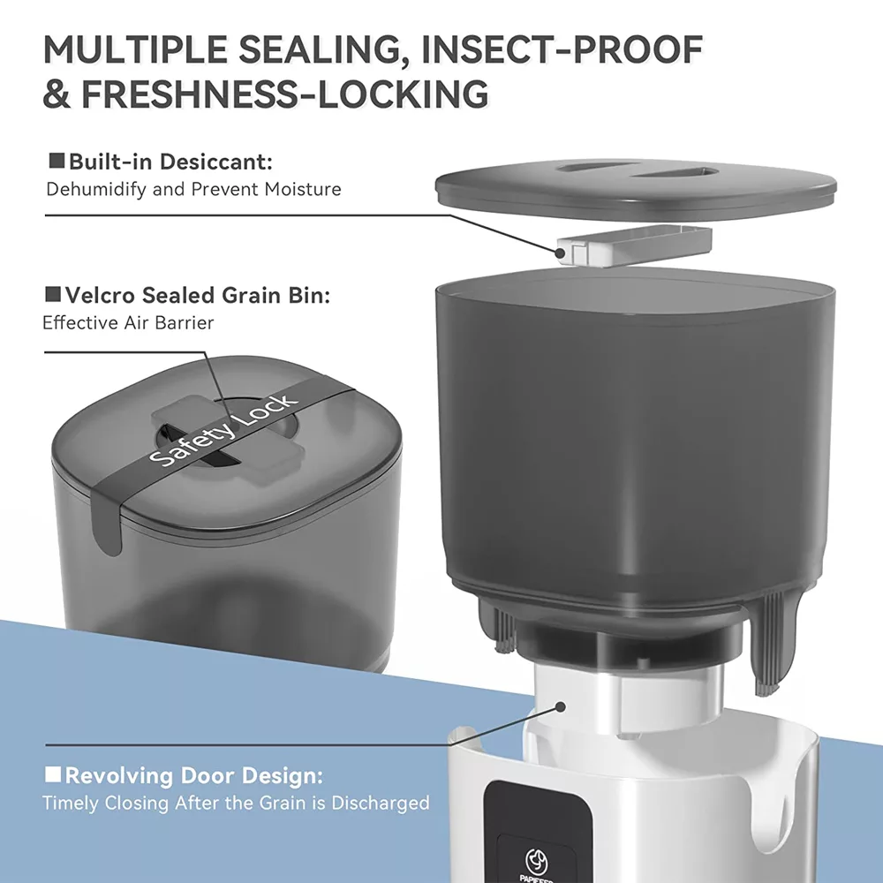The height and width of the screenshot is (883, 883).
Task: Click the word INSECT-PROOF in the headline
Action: click(x=562, y=49)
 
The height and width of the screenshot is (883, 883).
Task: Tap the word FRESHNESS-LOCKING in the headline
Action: click(x=285, y=94)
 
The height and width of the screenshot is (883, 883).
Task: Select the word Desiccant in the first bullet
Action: click(x=215, y=162)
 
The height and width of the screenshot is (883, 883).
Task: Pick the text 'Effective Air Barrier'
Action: click(x=128, y=322)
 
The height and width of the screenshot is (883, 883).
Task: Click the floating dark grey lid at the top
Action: click(x=637, y=186)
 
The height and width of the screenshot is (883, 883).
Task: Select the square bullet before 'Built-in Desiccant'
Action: click(x=57, y=161)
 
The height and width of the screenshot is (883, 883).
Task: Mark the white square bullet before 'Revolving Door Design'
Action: click(x=53, y=774)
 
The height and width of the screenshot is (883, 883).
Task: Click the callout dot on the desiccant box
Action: click(x=560, y=253)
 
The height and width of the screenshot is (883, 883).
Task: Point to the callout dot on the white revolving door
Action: click(x=561, y=706)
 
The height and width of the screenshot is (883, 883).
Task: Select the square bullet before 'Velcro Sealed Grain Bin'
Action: click(x=53, y=294)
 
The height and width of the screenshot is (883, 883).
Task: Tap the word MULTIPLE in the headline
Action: click(x=136, y=49)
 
